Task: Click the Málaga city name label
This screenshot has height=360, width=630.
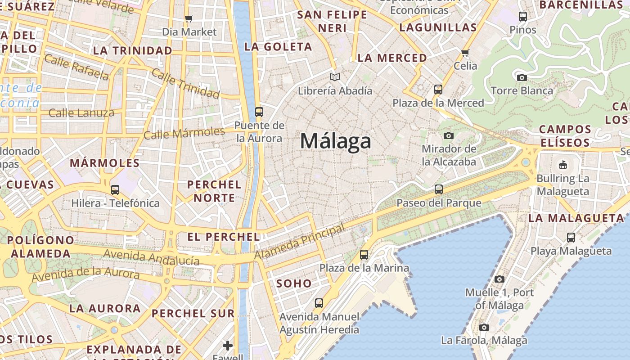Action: (336, 141)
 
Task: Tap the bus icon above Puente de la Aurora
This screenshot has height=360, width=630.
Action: (259, 112)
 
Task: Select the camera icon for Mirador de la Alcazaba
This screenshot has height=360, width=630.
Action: (449, 135)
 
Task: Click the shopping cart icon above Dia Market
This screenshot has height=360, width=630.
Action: (189, 18)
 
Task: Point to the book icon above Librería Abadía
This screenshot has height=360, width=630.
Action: (334, 77)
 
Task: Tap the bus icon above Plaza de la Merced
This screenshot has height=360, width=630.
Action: (438, 90)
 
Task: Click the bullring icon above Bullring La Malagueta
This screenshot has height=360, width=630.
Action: (562, 165)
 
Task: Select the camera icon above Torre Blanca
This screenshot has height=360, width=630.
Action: (522, 77)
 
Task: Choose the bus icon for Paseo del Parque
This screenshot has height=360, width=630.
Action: (439, 189)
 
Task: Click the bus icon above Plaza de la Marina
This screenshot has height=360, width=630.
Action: (364, 255)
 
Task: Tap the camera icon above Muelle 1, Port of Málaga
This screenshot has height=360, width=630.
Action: (499, 279)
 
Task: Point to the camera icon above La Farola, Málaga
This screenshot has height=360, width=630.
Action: (484, 327)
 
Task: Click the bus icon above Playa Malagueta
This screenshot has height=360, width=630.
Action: (571, 237)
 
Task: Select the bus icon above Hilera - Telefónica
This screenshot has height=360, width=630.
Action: (115, 190)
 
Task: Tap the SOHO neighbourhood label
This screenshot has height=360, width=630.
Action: (294, 283)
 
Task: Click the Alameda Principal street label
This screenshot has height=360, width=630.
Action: (299, 242)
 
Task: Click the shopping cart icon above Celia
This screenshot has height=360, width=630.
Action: (465, 53)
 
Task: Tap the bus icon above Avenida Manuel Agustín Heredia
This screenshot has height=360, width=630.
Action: (319, 303)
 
